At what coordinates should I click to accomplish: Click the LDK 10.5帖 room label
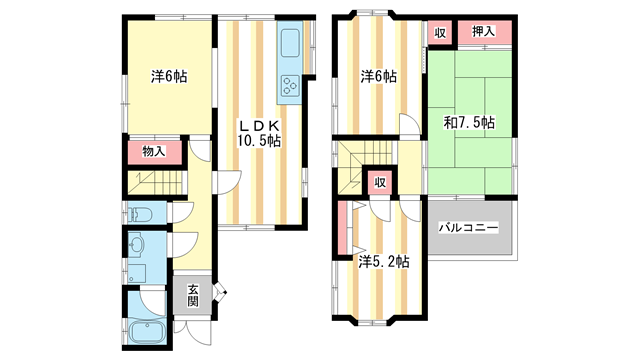(258, 133)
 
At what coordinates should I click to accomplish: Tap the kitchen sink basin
(291, 44)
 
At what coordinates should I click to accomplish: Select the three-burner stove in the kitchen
(290, 87)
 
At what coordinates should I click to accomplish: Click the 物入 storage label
(153, 153)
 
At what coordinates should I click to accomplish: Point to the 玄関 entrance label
(193, 295)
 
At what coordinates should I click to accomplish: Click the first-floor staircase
(155, 184)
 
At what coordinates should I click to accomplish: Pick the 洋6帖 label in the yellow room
(169, 76)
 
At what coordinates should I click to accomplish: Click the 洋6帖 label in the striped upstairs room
(378, 76)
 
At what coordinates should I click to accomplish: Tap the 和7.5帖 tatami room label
(469, 123)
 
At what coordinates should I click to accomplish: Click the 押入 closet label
(484, 32)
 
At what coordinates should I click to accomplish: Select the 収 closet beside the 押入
(440, 32)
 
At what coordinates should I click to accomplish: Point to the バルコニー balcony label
(468, 229)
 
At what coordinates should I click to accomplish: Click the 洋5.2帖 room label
(383, 262)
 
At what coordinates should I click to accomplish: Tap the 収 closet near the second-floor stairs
(380, 182)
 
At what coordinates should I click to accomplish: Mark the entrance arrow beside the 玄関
(222, 294)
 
